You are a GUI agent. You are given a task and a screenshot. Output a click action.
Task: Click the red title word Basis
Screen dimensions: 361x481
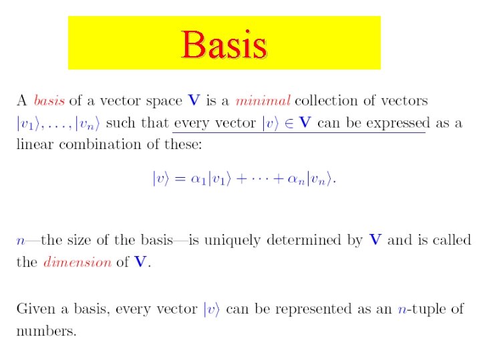point(224,45)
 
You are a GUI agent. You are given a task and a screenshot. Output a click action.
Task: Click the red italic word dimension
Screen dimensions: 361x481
point(77,262)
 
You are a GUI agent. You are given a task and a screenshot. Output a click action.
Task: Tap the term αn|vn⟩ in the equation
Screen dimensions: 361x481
point(309,179)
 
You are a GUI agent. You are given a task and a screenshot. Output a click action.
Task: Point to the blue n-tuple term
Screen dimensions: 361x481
point(405,309)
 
